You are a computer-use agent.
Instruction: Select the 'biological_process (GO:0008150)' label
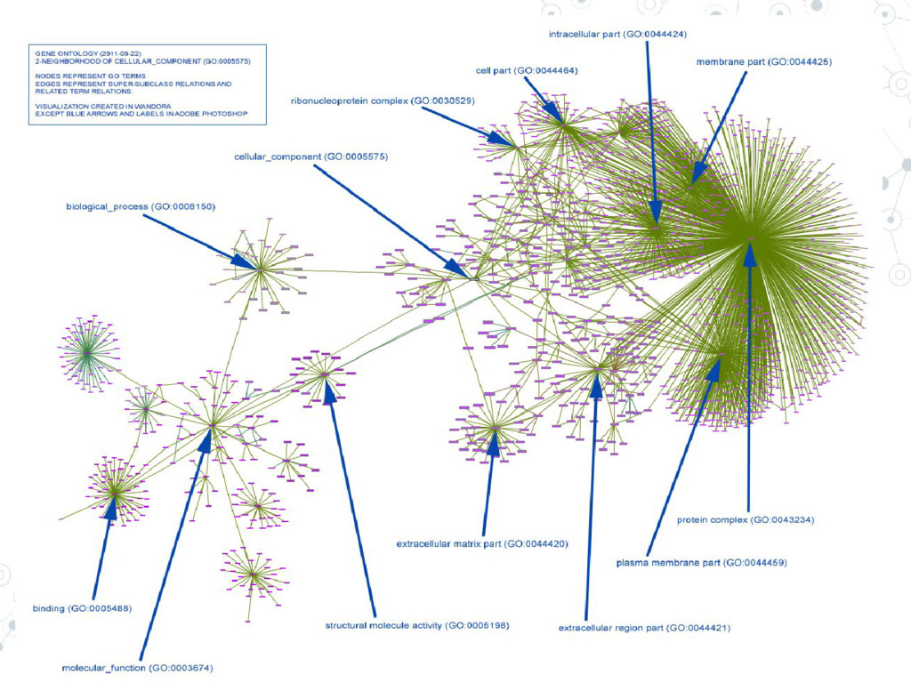(141, 207)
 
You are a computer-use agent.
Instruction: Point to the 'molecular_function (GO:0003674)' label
(137, 667)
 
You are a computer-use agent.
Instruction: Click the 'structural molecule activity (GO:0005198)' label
(417, 625)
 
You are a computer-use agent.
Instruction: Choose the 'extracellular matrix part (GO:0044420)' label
(481, 542)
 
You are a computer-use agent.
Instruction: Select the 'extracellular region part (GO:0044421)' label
(644, 628)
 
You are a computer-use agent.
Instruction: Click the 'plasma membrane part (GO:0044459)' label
(701, 563)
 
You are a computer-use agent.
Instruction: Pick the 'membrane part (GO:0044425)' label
(763, 62)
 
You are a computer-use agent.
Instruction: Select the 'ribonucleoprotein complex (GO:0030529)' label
(383, 101)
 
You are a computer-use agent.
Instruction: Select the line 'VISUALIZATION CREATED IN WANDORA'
(92, 106)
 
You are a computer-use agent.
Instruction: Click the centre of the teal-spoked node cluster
(86, 353)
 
